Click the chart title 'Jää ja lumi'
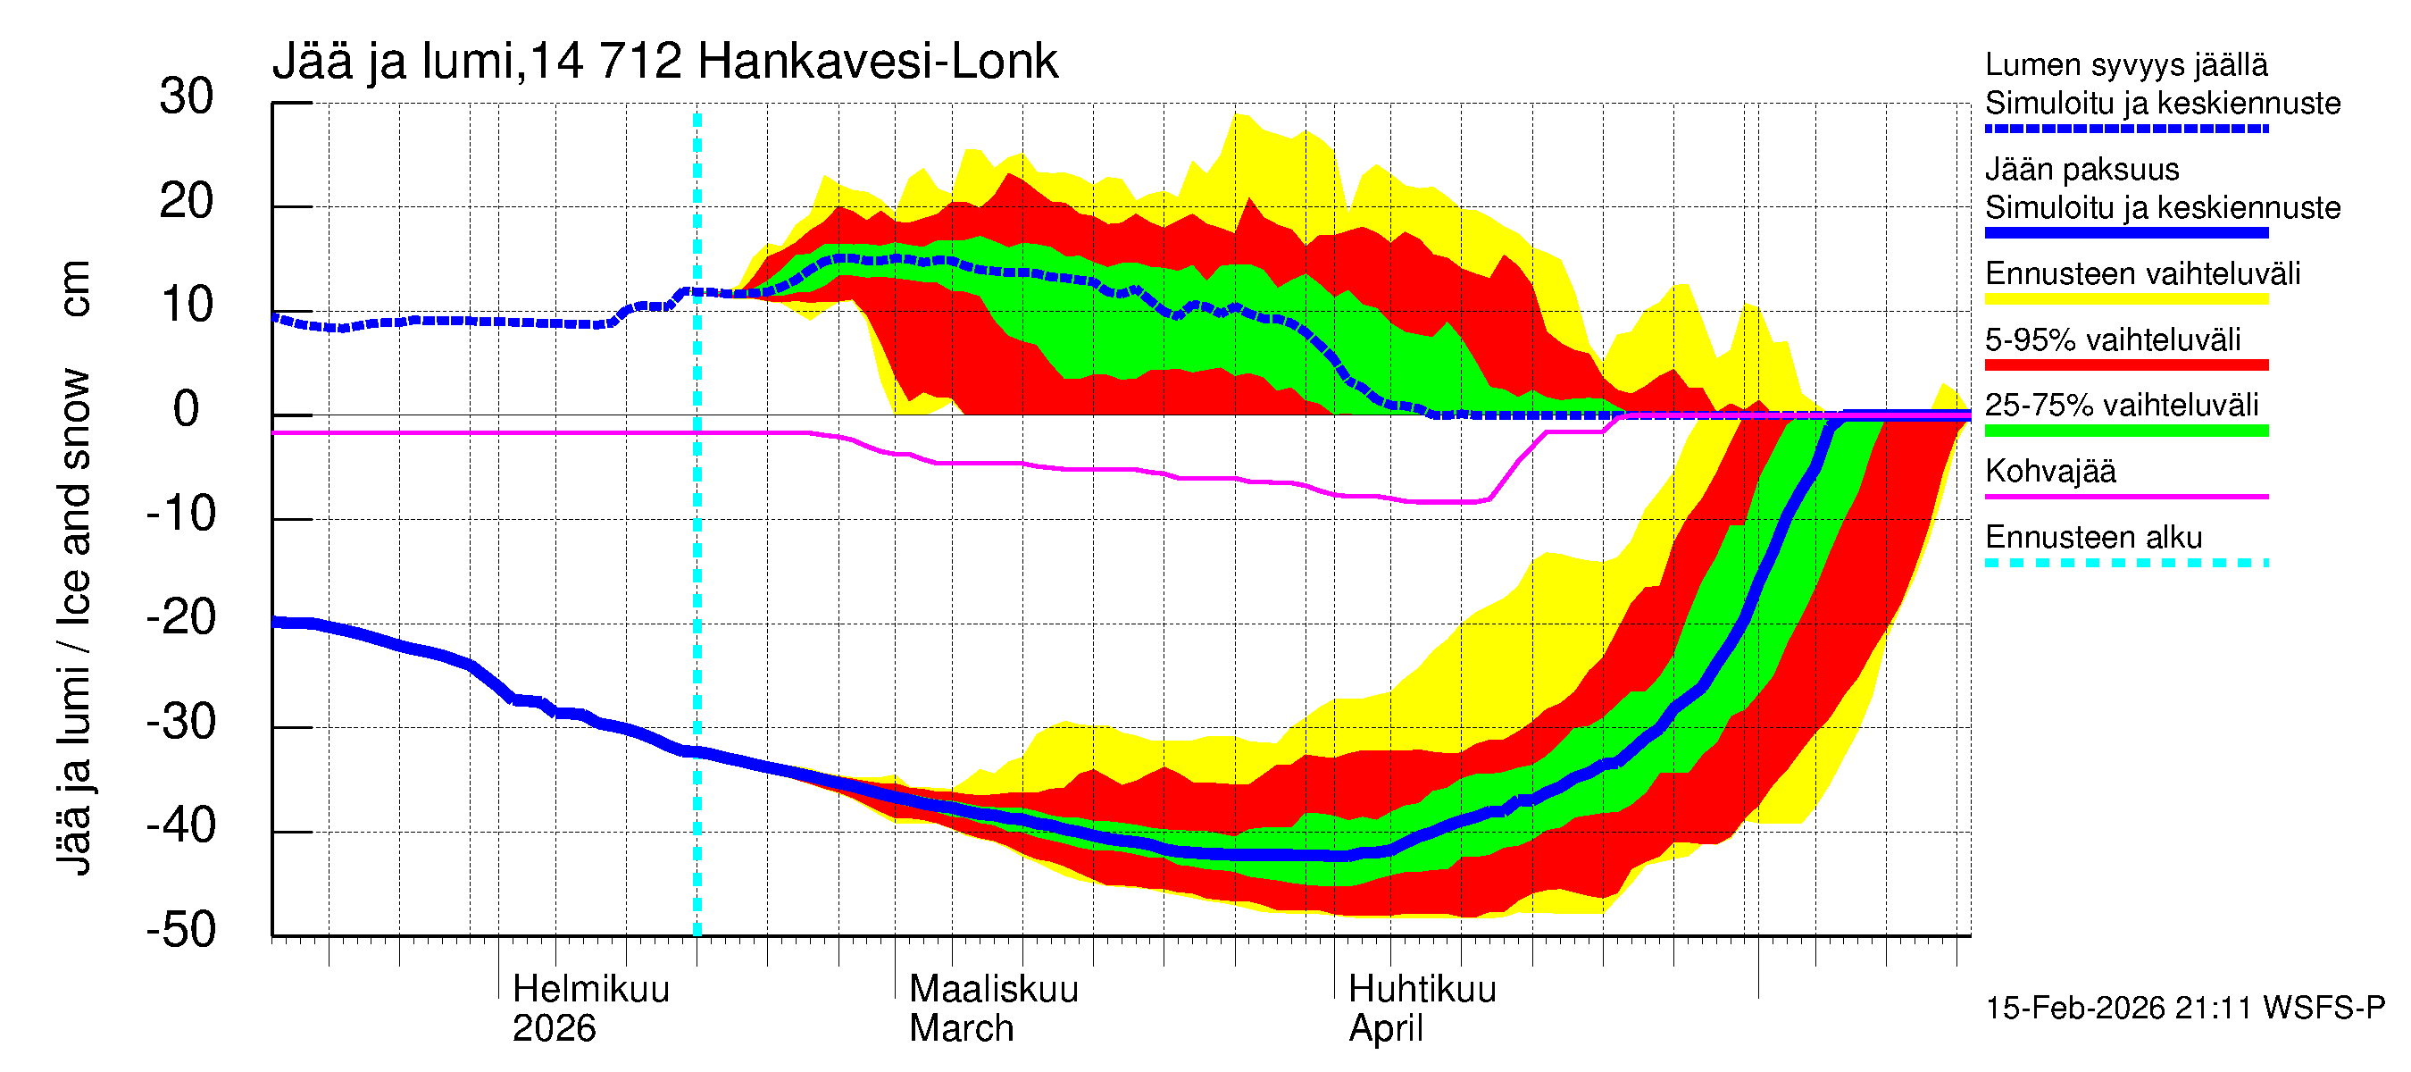393,62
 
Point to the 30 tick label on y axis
187,96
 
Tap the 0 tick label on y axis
187,409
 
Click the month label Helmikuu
590,989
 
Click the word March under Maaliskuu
961,1028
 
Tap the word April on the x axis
1385,1028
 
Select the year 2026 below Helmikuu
553,1028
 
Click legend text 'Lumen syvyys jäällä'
2125,64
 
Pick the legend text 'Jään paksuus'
2081,170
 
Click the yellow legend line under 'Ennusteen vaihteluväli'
2125,299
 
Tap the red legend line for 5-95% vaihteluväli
2125,365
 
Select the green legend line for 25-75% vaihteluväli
2125,431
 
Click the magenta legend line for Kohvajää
2125,496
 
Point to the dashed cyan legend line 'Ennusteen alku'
2125,563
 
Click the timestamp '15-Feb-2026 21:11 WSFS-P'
2184,1008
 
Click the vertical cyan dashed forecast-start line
697,562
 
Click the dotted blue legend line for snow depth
2125,129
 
